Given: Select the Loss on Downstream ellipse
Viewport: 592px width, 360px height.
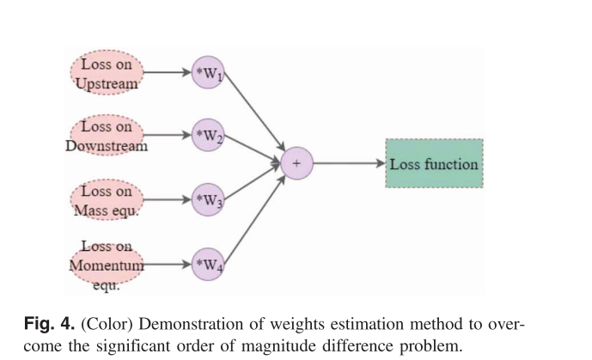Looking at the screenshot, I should [x=107, y=135].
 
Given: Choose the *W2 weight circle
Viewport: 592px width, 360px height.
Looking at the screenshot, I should [x=208, y=135].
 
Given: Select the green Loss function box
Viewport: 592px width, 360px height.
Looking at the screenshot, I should [x=434, y=163].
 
